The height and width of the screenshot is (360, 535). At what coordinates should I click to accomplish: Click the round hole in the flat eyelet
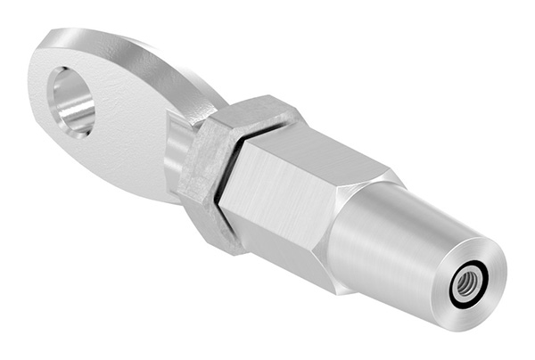(x=71, y=101)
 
